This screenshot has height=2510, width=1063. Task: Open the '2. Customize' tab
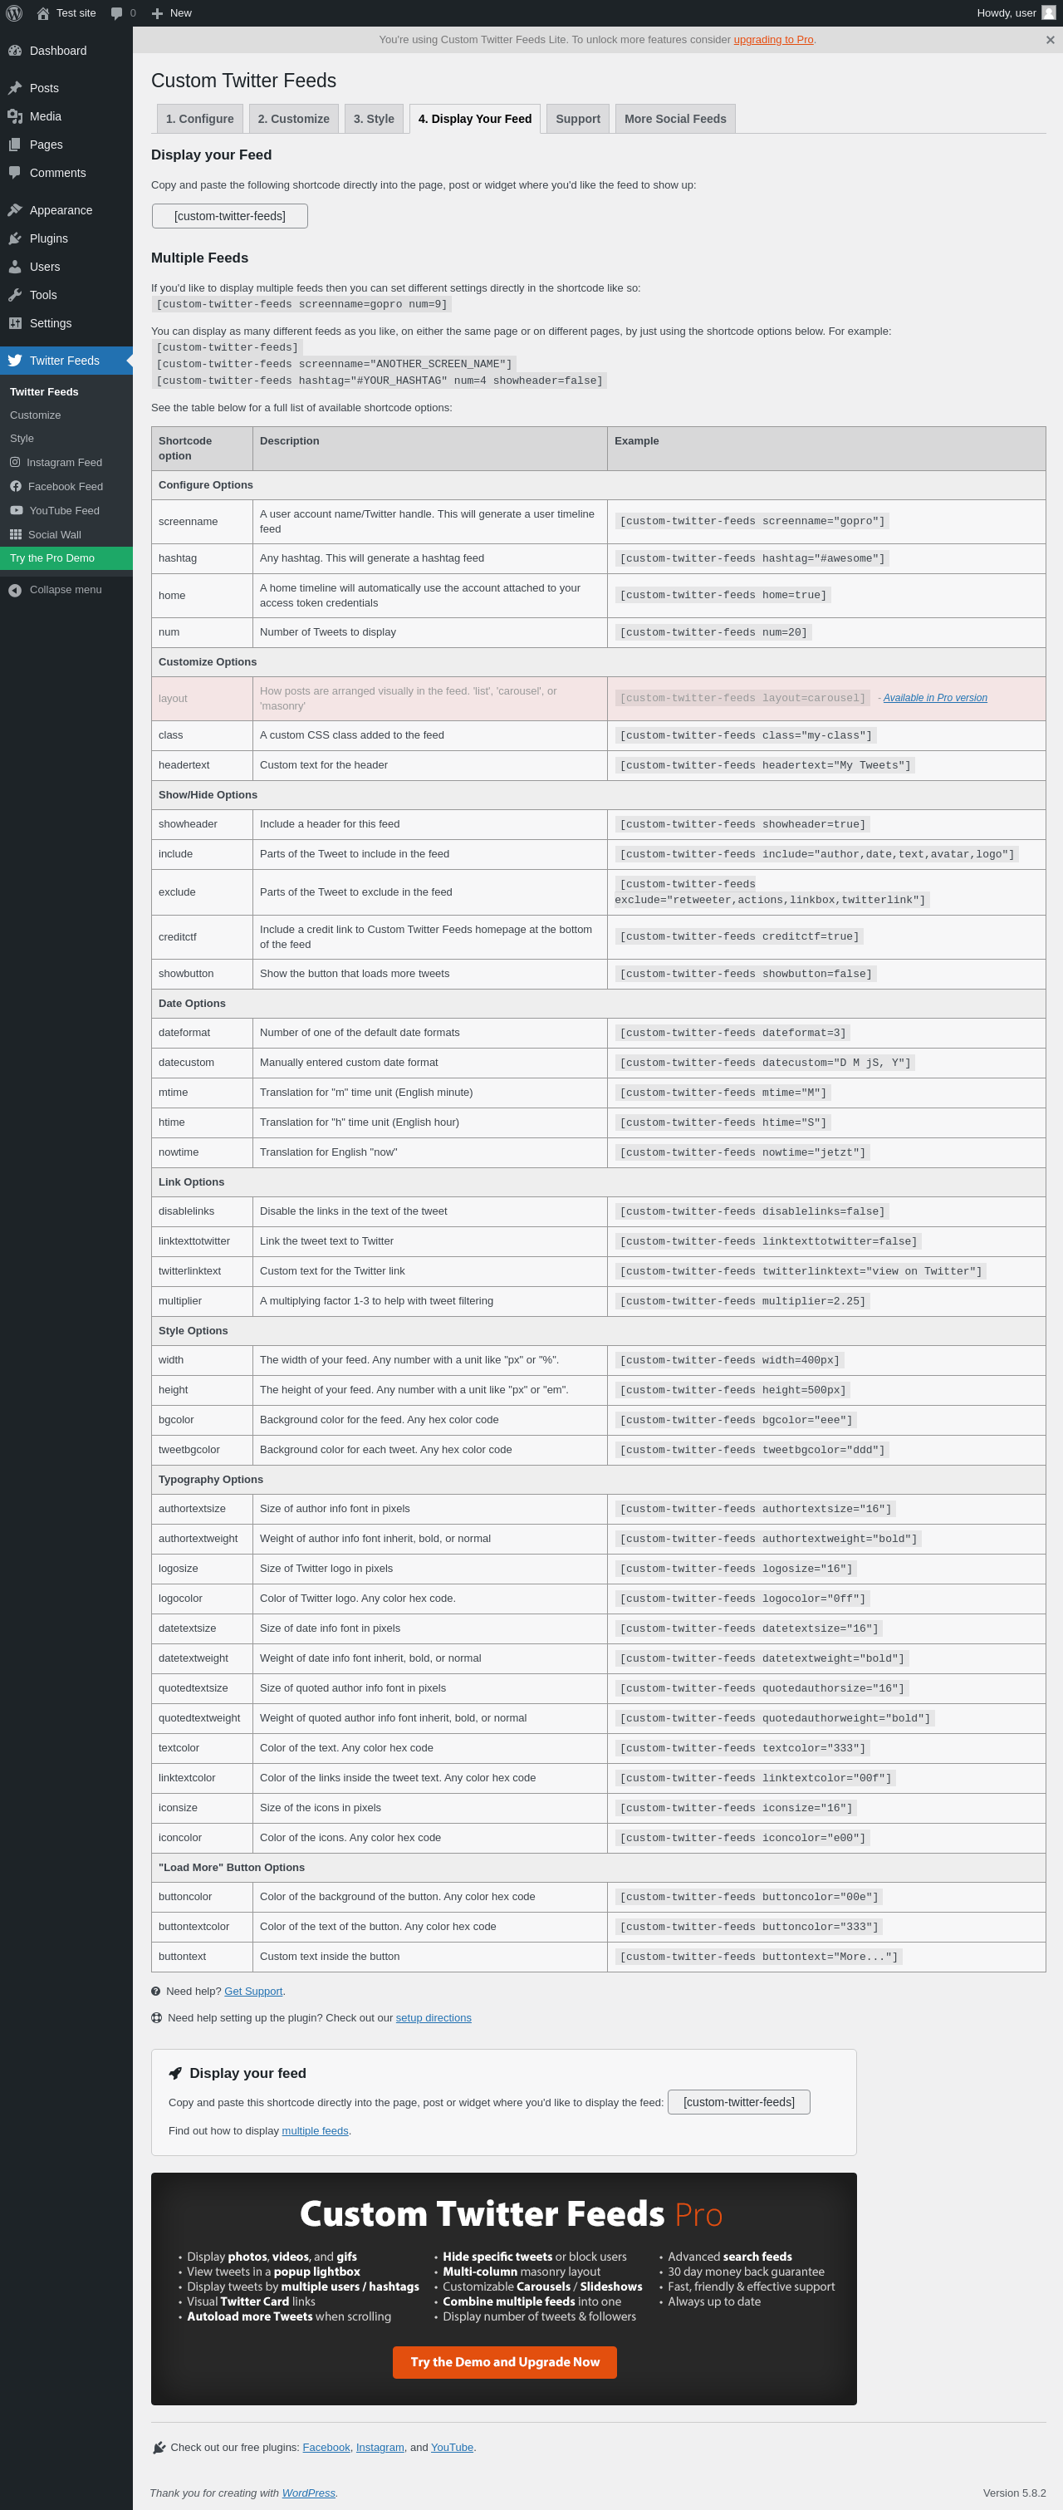pos(293,119)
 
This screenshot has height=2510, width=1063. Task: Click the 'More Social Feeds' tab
pos(674,119)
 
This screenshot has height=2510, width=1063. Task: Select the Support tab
pos(578,119)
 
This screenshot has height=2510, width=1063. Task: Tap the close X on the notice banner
pos(1050,40)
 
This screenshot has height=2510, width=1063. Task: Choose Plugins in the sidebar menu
pos(49,238)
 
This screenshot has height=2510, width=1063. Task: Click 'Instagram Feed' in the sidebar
pos(63,463)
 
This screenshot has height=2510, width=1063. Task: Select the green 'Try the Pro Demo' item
pos(52,558)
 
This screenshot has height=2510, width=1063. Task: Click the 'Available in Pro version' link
pos(934,698)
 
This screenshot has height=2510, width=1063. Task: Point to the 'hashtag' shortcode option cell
pos(179,558)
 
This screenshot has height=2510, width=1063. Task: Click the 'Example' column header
pos(636,441)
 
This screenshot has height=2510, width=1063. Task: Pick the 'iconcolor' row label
pos(180,1838)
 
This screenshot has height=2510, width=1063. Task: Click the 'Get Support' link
pos(253,1991)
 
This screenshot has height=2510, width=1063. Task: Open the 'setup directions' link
pos(434,2018)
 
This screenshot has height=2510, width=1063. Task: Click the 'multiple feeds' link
pos(315,2131)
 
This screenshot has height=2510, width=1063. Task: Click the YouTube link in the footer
pos(452,2447)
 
